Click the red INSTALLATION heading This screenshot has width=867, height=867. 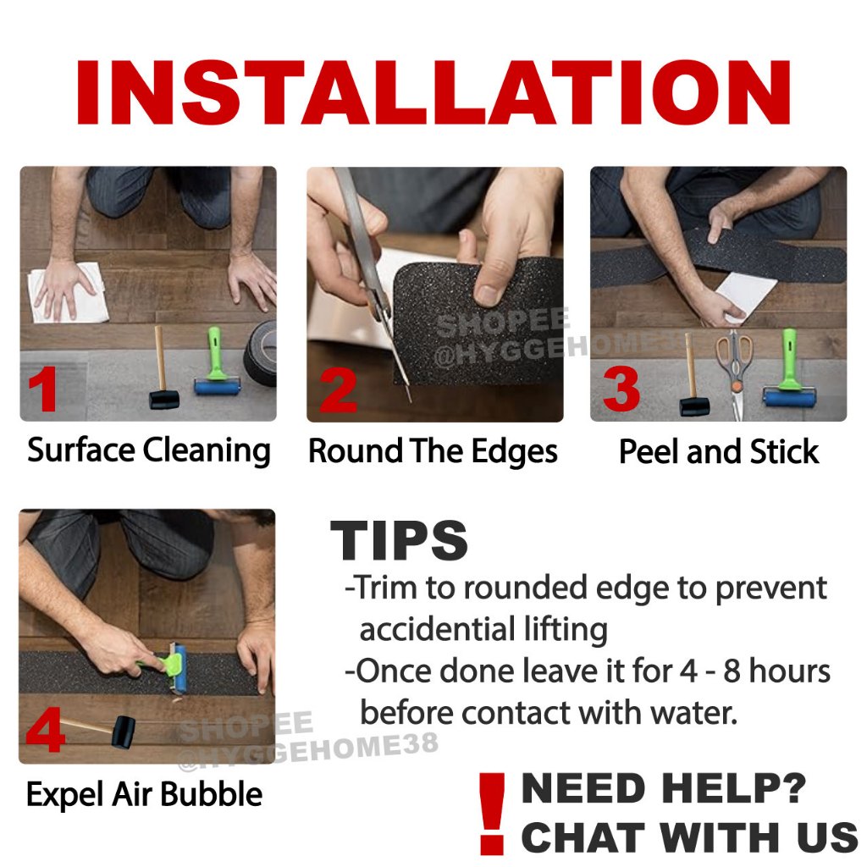433,92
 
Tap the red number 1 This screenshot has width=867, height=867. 43,389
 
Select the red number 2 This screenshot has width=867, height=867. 339,390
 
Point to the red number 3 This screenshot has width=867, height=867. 621,389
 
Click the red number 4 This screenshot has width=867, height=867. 46,731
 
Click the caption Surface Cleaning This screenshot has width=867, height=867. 149,450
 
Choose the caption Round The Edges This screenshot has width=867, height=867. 433,452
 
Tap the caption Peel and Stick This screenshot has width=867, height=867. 719,452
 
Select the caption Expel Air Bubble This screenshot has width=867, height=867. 144,795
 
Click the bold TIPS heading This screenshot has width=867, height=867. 399,540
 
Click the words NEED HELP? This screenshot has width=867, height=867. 664,788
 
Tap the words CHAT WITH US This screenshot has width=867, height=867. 689,837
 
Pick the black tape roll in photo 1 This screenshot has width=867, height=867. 261,354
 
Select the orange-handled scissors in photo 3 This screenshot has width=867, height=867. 735,373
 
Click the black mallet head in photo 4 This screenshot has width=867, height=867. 124,732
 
